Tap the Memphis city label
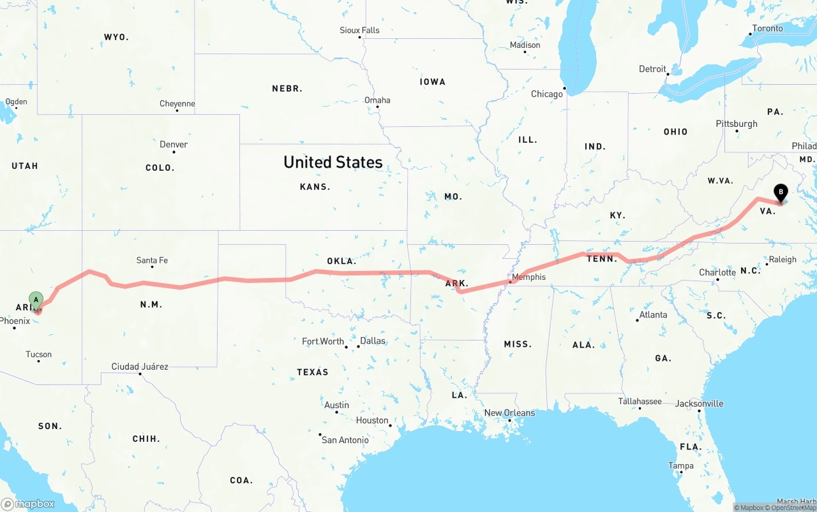tap(528, 277)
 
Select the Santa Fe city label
tap(152, 260)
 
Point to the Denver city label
tap(174, 144)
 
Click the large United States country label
tap(333, 162)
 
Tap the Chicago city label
tap(547, 94)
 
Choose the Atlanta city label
tap(653, 314)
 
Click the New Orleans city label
tap(509, 413)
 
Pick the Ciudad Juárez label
tap(140, 367)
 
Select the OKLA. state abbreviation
tap(341, 261)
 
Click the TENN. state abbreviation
tap(602, 258)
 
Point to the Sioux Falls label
tap(359, 30)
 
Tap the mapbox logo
tap(28, 504)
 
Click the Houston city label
tap(372, 420)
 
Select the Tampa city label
tap(680, 465)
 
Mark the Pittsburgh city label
tap(737, 124)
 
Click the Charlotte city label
tap(717, 272)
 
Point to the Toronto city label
tap(767, 28)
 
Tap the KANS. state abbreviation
tap(315, 187)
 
